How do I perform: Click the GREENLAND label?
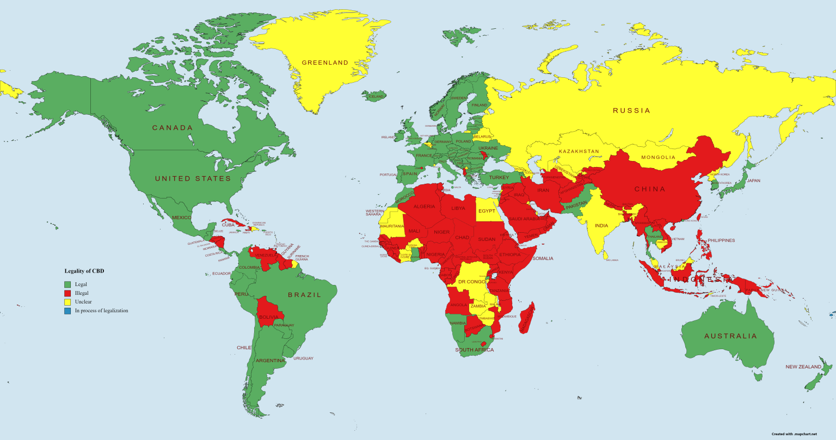pyautogui.click(x=325, y=63)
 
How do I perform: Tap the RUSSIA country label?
pyautogui.click(x=631, y=110)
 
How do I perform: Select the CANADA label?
pyautogui.click(x=172, y=128)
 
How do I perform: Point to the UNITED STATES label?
pyautogui.click(x=193, y=178)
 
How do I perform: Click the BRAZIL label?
pyautogui.click(x=304, y=295)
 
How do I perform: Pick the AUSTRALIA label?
pyautogui.click(x=730, y=336)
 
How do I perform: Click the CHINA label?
pyautogui.click(x=650, y=189)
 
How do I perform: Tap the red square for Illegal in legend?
pyautogui.click(x=67, y=293)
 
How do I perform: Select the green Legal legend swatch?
pyautogui.click(x=67, y=284)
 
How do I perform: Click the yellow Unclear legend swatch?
pyautogui.click(x=67, y=302)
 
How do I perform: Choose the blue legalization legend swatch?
pyautogui.click(x=67, y=311)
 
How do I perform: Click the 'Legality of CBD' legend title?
pyautogui.click(x=84, y=271)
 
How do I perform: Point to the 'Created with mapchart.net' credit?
pyautogui.click(x=794, y=434)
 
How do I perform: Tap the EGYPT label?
pyautogui.click(x=487, y=211)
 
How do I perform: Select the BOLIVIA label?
pyautogui.click(x=268, y=317)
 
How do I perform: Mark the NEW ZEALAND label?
pyautogui.click(x=803, y=367)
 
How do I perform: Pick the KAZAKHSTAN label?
pyautogui.click(x=578, y=151)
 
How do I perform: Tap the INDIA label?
pyautogui.click(x=601, y=226)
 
